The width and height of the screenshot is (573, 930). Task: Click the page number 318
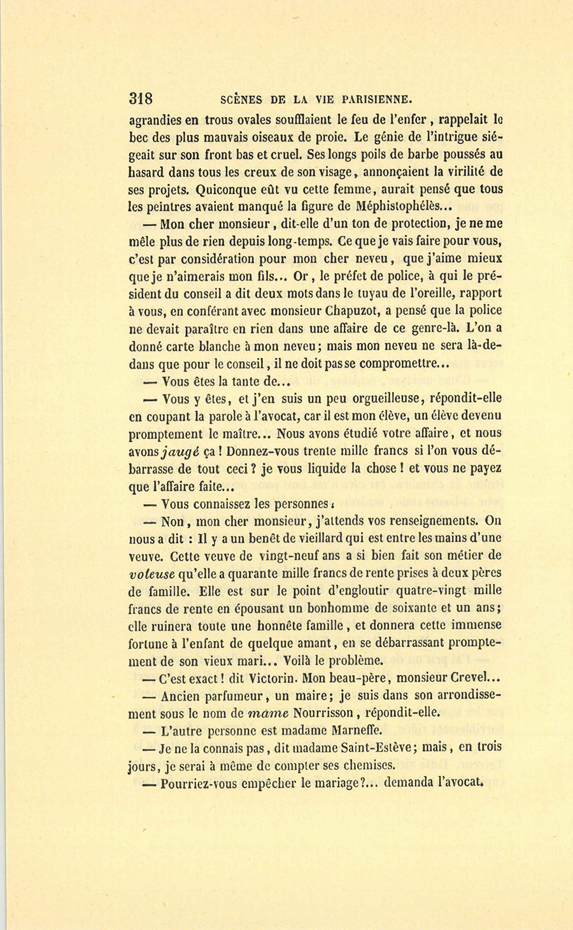[x=141, y=99]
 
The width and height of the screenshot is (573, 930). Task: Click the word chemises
[x=368, y=765]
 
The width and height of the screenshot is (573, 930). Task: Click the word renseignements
[x=415, y=520]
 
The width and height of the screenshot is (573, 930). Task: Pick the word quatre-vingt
[x=423, y=590]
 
